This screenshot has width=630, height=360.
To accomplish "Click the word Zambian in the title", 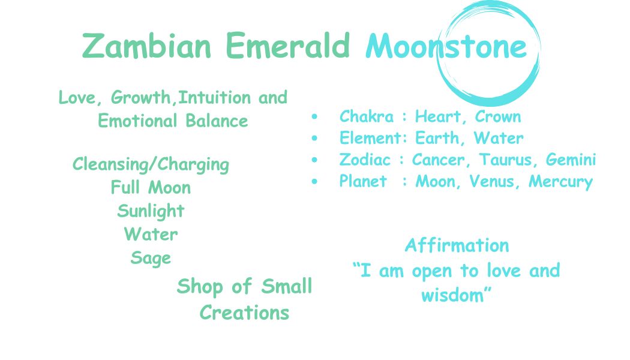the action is pyautogui.click(x=146, y=46).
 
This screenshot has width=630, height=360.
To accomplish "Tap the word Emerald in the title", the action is pyautogui.click(x=287, y=45).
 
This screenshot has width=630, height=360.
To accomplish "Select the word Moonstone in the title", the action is pyautogui.click(x=446, y=46).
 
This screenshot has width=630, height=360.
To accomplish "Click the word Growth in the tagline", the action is pyautogui.click(x=140, y=98).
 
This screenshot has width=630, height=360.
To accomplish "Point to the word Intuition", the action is pyautogui.click(x=215, y=97).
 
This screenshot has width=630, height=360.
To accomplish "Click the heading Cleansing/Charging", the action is pyautogui.click(x=151, y=165).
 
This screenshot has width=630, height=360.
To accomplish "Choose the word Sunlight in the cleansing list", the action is pyautogui.click(x=151, y=211).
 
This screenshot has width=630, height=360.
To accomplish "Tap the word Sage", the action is pyautogui.click(x=151, y=259).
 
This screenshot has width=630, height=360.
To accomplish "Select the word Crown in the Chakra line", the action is pyautogui.click(x=498, y=116).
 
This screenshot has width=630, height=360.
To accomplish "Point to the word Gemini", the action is pyautogui.click(x=571, y=160).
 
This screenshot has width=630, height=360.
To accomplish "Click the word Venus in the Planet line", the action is pyautogui.click(x=492, y=181).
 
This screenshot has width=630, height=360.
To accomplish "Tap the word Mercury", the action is pyautogui.click(x=560, y=182).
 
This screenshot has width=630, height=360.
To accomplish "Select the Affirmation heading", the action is pyautogui.click(x=457, y=245).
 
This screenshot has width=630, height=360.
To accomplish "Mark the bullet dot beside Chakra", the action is pyautogui.click(x=314, y=116).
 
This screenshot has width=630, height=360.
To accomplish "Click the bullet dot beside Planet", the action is pyautogui.click(x=314, y=182).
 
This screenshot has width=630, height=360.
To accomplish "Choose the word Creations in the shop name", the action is pyautogui.click(x=244, y=313).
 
